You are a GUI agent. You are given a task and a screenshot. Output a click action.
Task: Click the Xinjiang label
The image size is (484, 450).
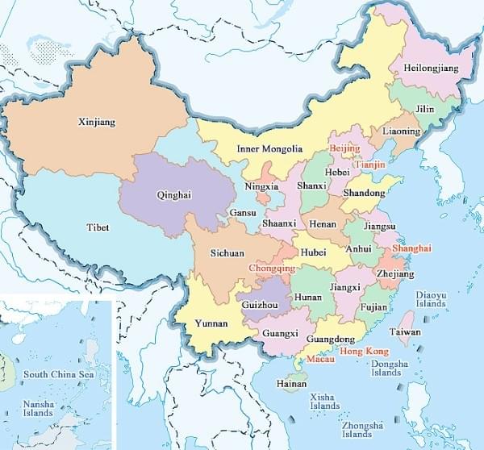[x=97, y=123]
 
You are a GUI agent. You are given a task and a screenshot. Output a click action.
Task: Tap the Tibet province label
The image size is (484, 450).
[x=98, y=227]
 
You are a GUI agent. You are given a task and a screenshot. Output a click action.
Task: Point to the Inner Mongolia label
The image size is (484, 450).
[x=269, y=149]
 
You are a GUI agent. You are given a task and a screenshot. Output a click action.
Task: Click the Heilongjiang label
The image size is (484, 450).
[x=430, y=69]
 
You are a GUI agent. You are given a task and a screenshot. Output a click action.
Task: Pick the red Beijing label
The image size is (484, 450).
[x=344, y=149]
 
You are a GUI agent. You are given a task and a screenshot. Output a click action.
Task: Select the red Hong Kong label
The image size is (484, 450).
[x=365, y=352]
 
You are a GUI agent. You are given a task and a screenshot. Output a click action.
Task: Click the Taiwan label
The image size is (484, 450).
[x=405, y=331]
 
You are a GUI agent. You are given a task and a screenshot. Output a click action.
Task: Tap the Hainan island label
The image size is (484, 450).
[x=291, y=384]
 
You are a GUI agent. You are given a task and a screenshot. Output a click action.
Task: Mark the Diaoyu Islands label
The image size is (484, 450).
[x=431, y=299]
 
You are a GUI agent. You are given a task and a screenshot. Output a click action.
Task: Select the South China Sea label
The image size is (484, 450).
[x=58, y=374]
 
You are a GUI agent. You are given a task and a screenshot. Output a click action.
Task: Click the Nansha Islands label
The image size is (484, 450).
[x=38, y=407]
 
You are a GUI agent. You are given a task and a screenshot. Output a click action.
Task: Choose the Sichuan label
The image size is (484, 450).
[x=227, y=252]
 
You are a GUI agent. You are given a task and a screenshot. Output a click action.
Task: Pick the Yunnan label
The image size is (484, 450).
[x=211, y=324]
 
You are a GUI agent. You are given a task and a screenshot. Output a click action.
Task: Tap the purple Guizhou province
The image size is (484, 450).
[x=260, y=305]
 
